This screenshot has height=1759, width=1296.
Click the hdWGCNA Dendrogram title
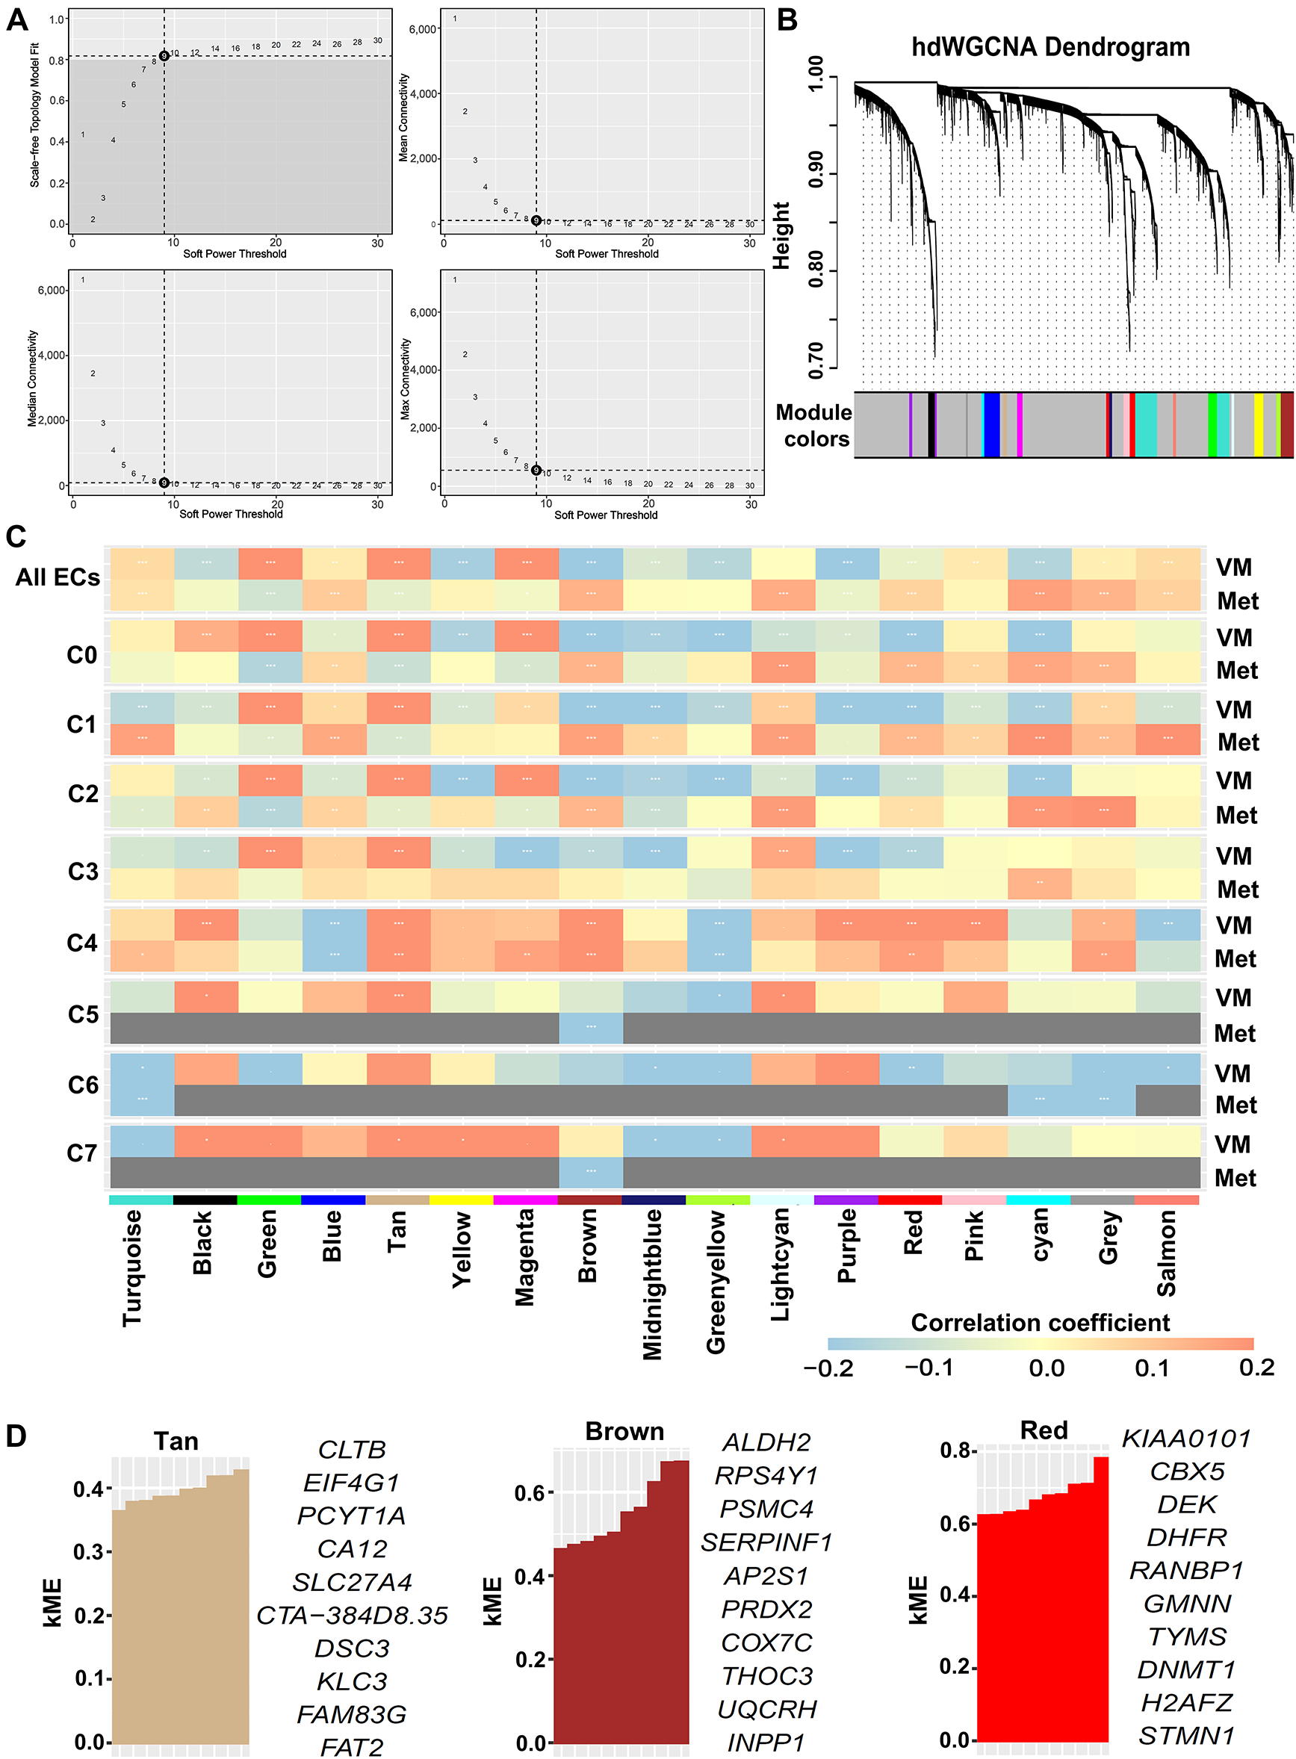[x=1049, y=48]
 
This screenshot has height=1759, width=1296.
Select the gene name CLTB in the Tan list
[x=352, y=1450]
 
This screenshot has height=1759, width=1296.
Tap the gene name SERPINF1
[x=766, y=1542]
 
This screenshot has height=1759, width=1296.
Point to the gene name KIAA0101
[x=1186, y=1439]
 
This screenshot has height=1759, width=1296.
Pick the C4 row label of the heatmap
[x=82, y=943]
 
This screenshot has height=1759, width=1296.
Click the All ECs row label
[x=58, y=578]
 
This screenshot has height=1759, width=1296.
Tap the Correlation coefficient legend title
[x=1040, y=1323]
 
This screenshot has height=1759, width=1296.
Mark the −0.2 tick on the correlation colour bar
[x=828, y=1368]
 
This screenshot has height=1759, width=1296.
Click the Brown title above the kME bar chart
[x=624, y=1431]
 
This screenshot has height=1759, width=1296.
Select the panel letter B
[x=787, y=19]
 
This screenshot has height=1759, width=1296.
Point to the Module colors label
[x=814, y=426]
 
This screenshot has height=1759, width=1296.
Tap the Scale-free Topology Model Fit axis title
[x=34, y=115]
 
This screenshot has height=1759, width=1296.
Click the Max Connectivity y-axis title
[x=406, y=379]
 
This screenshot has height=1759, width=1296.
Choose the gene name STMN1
[x=1187, y=1736]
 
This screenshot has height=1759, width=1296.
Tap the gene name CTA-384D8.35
[x=353, y=1616]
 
